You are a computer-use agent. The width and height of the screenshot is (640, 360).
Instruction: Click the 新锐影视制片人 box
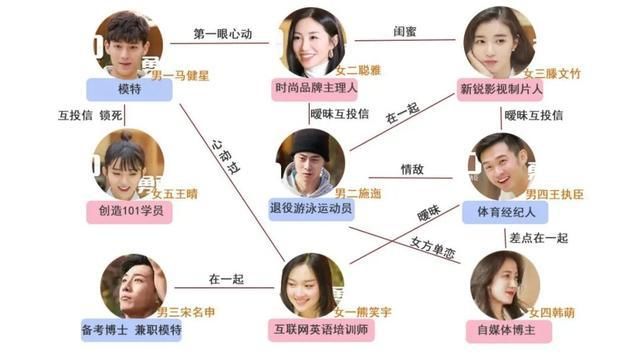point(500,88)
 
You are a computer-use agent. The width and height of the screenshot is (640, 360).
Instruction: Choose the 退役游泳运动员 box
point(317,211)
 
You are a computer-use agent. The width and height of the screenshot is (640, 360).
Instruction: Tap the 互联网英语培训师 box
point(317,330)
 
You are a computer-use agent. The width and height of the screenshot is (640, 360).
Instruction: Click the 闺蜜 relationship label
point(405,33)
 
